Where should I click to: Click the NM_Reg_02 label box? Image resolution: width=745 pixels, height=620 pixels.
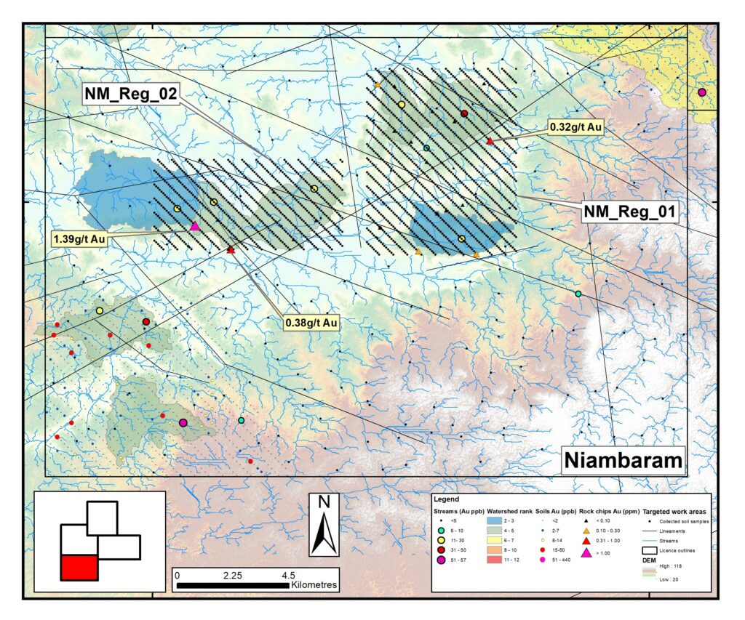(130, 93)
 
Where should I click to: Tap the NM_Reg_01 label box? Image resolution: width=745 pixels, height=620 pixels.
(630, 212)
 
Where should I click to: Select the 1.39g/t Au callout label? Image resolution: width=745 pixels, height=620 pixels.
(79, 238)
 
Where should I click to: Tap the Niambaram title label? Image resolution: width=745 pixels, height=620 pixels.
(624, 461)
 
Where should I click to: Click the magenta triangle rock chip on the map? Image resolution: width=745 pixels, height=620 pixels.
(194, 226)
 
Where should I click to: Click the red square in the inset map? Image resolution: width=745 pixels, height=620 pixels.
(79, 567)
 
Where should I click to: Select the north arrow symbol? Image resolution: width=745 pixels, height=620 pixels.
(324, 524)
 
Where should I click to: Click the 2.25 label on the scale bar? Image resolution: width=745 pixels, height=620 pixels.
(234, 573)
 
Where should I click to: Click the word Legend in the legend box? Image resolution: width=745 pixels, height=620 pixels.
(445, 500)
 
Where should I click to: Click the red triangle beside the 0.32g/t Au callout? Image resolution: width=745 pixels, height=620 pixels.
(490, 141)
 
